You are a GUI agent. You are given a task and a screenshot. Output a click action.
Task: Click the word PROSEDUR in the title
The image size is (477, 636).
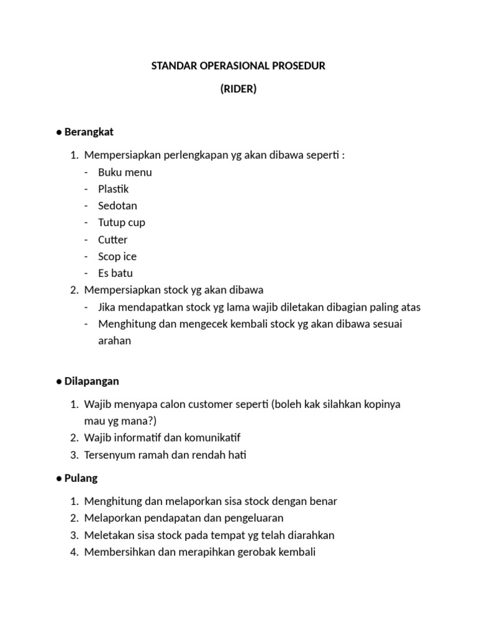(x=299, y=66)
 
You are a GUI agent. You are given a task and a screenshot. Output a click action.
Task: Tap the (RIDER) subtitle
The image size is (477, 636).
(x=238, y=89)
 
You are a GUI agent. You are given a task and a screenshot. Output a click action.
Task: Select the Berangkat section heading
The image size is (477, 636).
(x=89, y=132)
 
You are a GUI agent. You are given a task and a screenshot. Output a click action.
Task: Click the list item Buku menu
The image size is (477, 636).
(x=125, y=172)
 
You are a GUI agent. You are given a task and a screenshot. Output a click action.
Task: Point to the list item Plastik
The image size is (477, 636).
(x=114, y=189)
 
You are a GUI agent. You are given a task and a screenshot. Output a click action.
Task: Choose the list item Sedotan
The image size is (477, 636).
(x=117, y=206)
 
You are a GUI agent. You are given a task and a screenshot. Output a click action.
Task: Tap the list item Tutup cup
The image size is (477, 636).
(x=122, y=222)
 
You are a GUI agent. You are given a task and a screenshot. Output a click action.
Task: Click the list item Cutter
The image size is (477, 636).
(x=112, y=239)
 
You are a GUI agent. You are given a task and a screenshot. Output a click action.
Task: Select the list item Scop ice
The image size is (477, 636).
(x=117, y=256)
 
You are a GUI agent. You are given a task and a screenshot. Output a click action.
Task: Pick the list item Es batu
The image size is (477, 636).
(x=116, y=273)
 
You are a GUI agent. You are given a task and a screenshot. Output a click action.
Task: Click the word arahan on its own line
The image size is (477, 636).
(x=115, y=340)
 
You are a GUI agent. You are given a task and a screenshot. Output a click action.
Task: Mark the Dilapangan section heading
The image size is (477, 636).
(x=91, y=381)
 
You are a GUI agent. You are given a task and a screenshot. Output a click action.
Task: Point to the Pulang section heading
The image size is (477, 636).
(x=81, y=478)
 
